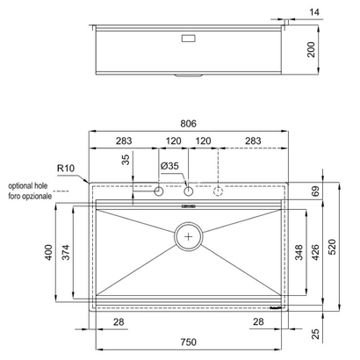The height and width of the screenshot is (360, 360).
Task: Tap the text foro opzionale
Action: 29,196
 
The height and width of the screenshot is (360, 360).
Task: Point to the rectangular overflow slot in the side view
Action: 188,38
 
